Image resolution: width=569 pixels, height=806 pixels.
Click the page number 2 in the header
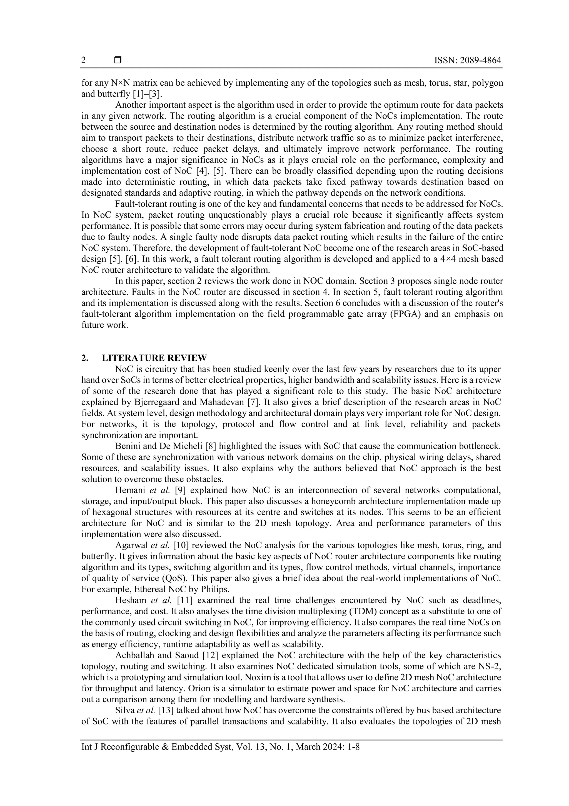coord(83,60)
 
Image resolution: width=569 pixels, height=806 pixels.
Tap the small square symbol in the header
coord(118,60)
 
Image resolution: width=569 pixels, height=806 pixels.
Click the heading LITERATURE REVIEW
coord(154,358)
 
